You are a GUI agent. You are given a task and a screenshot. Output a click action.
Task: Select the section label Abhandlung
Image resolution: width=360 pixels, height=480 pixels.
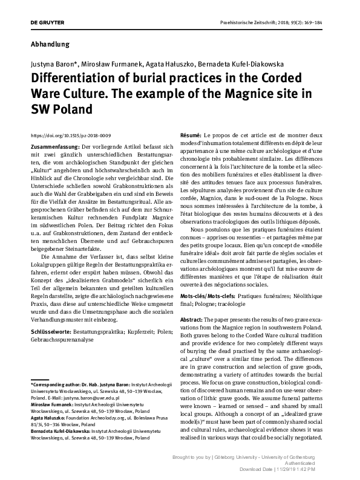(x=50, y=44)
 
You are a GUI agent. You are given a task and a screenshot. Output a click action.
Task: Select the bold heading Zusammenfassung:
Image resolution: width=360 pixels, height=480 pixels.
(x=54, y=147)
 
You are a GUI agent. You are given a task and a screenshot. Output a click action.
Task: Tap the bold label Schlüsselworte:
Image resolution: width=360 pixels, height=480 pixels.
(x=50, y=332)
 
